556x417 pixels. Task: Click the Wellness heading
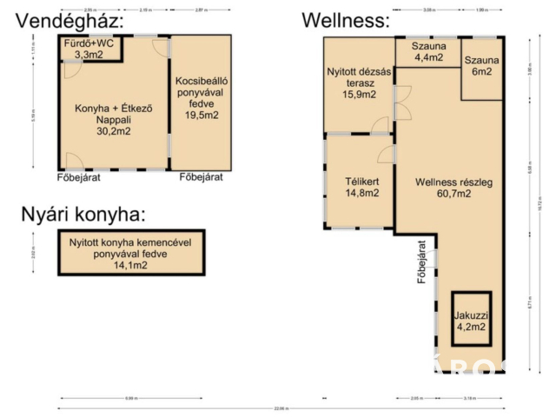point(345,19)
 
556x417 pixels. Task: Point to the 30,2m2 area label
point(113,132)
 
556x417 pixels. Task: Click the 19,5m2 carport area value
point(201,115)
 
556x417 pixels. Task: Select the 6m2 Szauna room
point(481,66)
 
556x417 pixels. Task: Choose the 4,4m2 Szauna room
point(428,52)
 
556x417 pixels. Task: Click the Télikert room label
point(361,181)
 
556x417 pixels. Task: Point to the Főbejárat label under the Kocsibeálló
point(201,176)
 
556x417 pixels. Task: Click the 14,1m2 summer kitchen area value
point(130,266)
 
